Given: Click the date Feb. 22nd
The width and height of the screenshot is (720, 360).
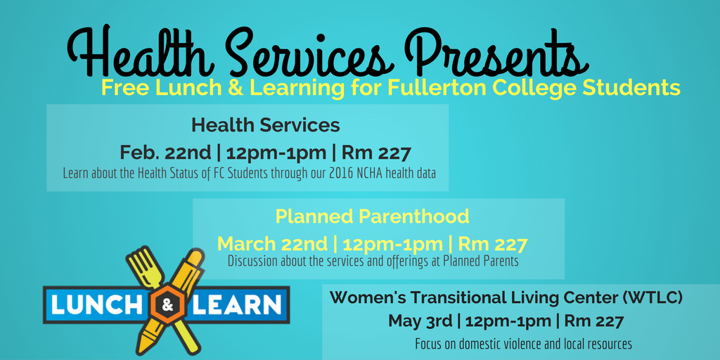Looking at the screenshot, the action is (165, 153).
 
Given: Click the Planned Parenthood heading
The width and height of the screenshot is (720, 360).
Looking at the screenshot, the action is (372, 217).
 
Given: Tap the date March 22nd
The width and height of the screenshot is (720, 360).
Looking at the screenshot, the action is (273, 244).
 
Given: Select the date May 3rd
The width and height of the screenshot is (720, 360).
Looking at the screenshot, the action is (420, 321).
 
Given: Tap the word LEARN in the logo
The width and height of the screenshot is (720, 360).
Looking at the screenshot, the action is (237, 305).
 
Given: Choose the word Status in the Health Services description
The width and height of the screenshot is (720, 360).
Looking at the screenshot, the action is (195, 174).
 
